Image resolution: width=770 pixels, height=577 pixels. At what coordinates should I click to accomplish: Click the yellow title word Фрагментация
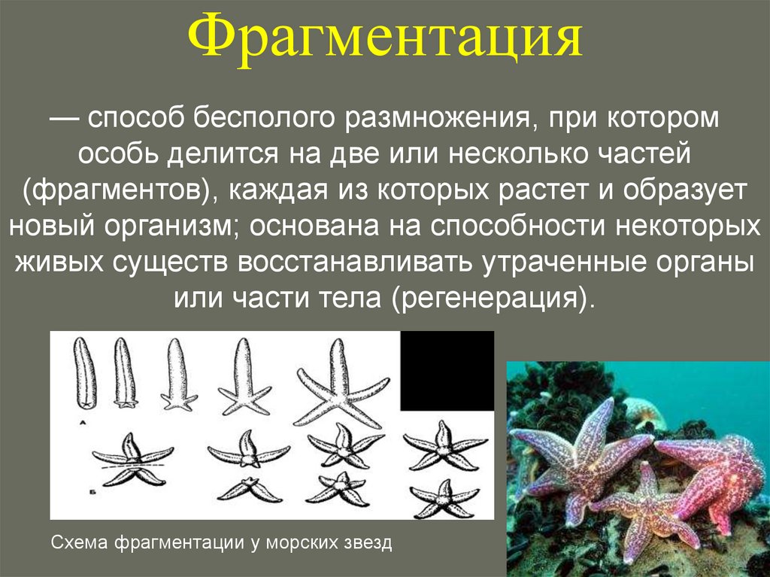pos(384,40)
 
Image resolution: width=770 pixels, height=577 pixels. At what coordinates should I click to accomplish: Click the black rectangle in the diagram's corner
pos(447,371)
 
